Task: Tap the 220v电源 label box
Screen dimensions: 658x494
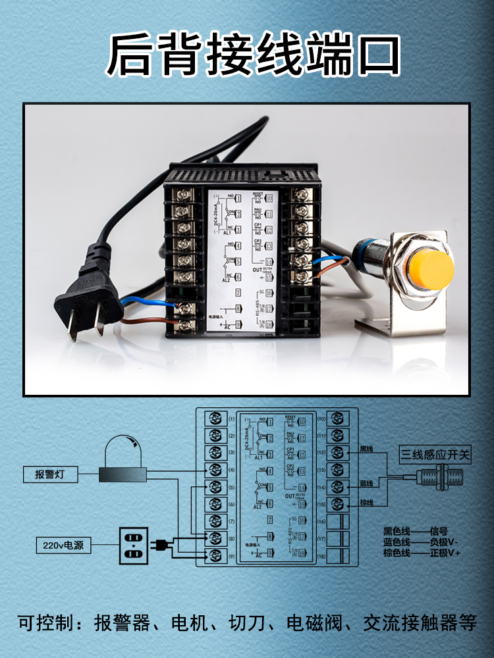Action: coord(64,545)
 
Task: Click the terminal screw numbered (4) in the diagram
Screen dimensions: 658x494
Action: coord(215,470)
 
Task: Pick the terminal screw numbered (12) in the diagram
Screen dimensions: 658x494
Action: coord(337,453)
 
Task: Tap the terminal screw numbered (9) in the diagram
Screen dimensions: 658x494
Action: coord(215,555)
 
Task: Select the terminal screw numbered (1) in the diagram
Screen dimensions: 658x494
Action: coord(215,418)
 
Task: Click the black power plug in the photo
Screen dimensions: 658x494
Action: coord(89,290)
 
